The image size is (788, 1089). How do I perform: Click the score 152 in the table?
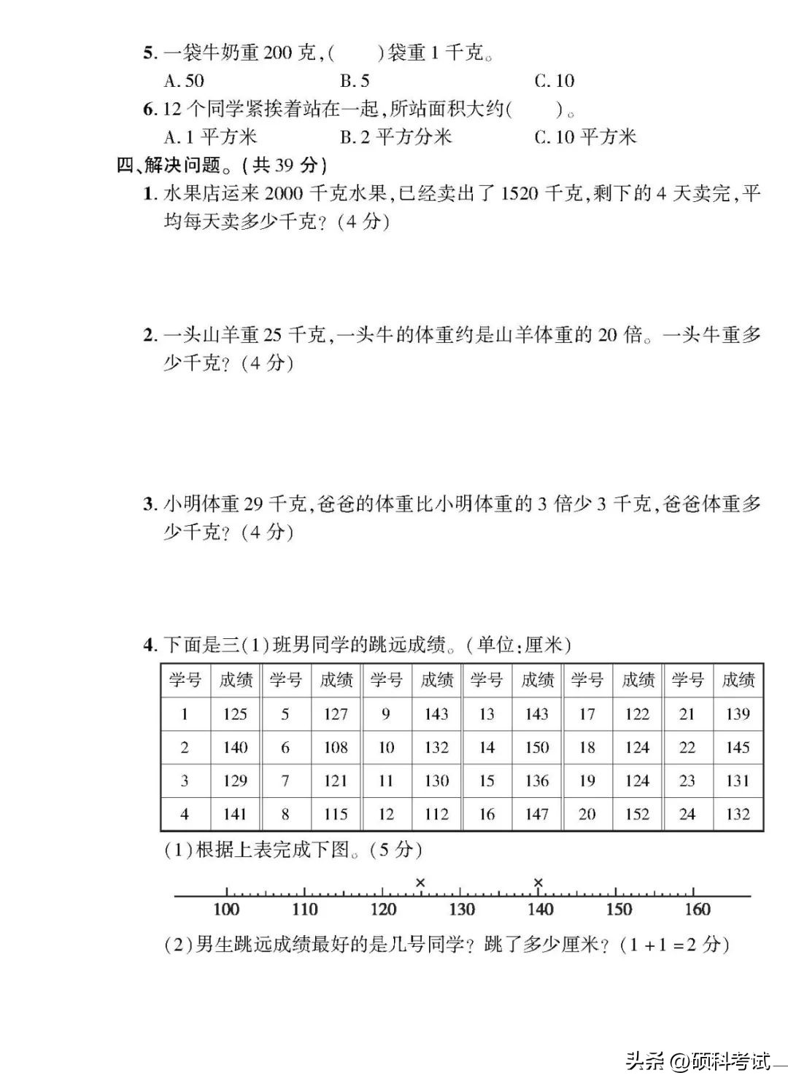637,814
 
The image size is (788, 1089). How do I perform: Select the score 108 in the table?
336,748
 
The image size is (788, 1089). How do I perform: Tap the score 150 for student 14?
537,748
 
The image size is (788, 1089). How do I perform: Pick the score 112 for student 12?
436,814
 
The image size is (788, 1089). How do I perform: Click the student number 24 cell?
687,814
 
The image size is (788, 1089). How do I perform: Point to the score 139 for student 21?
738,714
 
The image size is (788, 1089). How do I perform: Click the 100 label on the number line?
226,910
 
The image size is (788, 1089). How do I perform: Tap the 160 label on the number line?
697,910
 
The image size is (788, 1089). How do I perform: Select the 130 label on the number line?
462,910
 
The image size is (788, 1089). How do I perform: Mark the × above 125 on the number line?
420,883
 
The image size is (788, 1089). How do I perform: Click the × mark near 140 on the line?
538,883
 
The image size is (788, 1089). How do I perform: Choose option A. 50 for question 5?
184,81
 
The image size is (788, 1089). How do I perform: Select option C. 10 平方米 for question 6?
585,137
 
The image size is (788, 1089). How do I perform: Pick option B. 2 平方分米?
395,137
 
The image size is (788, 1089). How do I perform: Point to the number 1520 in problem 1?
519,194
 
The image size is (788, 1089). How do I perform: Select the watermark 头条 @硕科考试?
697,1061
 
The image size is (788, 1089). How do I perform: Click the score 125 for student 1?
235,714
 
